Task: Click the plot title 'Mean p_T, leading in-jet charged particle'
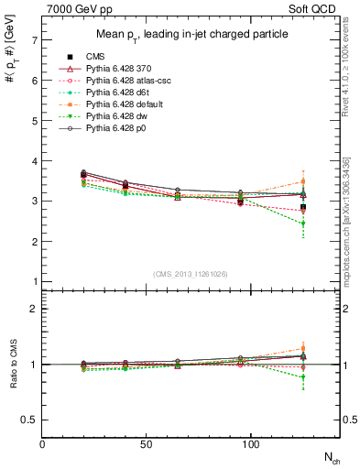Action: coord(191,35)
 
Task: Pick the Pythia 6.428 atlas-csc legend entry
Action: coord(129,82)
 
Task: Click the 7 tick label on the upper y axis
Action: coord(34,40)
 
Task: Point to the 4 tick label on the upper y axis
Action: coord(34,161)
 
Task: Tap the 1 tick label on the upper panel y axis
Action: coord(34,281)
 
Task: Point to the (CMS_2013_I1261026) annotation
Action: coord(191,272)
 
